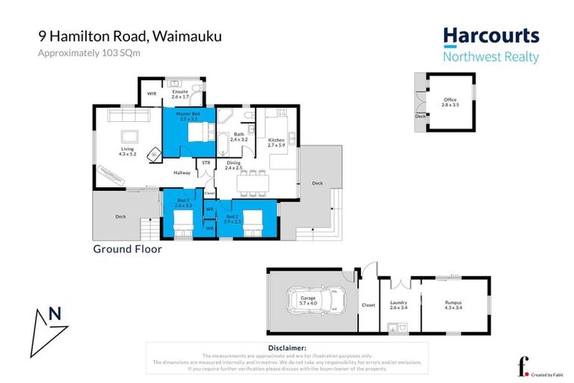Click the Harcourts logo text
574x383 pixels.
[490, 37]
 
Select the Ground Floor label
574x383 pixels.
[127, 249]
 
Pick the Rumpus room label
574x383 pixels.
[454, 304]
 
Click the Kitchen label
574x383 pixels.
[276, 140]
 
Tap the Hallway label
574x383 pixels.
[182, 173]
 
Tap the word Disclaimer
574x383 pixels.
[286, 348]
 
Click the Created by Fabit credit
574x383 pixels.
[548, 375]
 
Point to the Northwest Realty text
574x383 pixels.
[490, 57]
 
